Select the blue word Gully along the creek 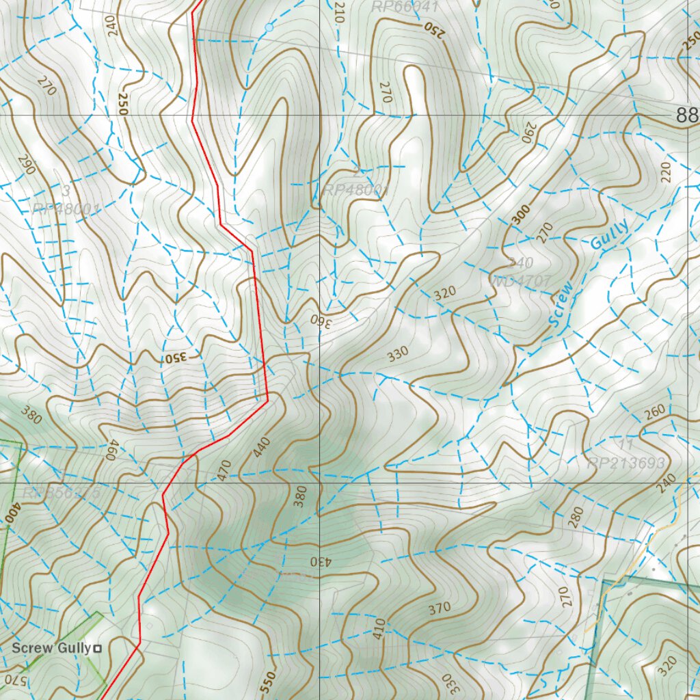click(x=609, y=234)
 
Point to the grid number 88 click(x=688, y=116)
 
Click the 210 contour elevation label click(x=337, y=12)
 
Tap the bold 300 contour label click(x=520, y=215)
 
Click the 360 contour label click(x=320, y=321)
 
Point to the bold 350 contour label click(x=175, y=358)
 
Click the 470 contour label click(x=224, y=471)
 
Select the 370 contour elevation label click(x=440, y=607)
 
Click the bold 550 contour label click(x=269, y=681)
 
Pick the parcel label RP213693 click(x=625, y=463)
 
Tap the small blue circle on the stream click(x=268, y=27)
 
